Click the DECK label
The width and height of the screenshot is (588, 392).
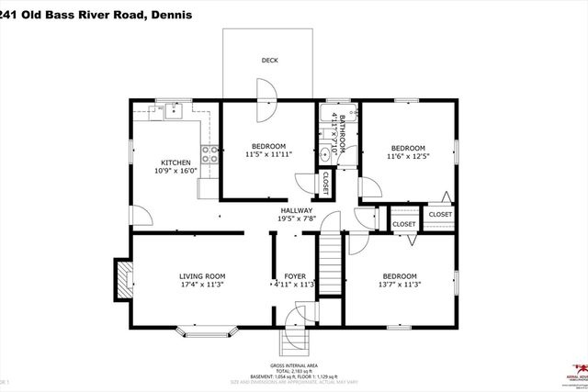(x=269, y=61)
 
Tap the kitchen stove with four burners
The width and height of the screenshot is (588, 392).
(x=209, y=154)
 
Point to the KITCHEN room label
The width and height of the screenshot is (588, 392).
(x=175, y=162)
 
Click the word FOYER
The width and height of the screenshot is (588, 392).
(x=294, y=275)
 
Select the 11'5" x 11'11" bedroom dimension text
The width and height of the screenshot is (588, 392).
(x=268, y=155)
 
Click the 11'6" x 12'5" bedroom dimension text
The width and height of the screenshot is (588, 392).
(x=407, y=157)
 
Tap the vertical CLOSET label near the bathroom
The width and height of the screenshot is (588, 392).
(x=325, y=184)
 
